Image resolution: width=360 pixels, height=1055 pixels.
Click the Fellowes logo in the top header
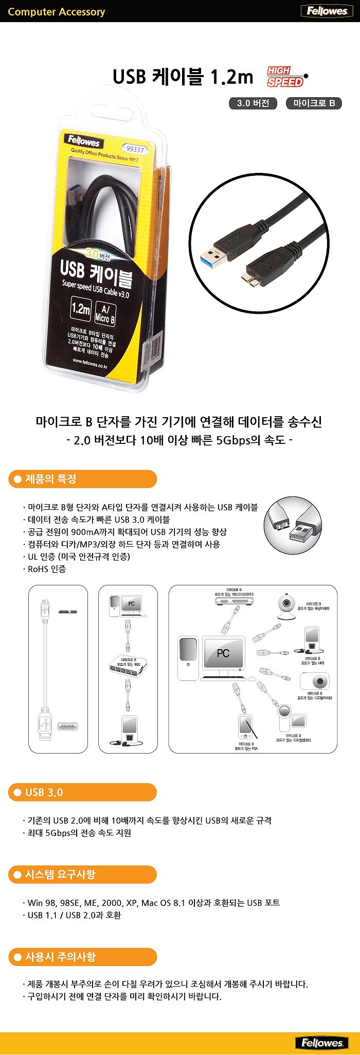click(327, 11)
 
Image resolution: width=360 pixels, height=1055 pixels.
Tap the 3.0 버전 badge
click(253, 103)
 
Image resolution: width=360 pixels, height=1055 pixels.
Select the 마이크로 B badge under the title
click(314, 103)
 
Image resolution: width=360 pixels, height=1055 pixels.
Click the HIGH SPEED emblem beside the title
click(286, 77)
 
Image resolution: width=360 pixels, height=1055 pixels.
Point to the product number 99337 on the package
click(135, 149)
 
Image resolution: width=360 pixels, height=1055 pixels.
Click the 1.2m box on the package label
click(81, 309)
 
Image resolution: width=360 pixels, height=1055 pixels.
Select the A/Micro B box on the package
click(105, 313)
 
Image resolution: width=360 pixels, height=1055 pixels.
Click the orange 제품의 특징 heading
click(82, 479)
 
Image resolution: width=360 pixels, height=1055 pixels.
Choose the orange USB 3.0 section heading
click(82, 792)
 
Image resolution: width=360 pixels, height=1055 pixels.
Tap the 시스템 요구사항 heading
click(82, 874)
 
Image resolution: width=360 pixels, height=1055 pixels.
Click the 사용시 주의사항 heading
click(82, 957)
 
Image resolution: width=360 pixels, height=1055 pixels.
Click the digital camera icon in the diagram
click(314, 681)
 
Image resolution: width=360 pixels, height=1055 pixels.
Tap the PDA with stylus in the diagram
click(246, 726)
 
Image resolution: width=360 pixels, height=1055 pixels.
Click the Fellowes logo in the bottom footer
click(322, 1043)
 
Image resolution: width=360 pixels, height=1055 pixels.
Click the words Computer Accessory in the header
click(57, 12)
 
